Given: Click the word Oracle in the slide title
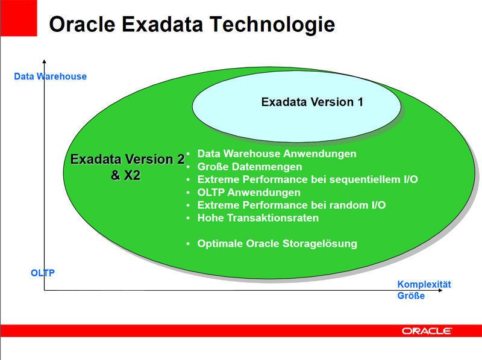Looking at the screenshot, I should [82, 24].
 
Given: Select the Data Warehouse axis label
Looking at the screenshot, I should [50, 76].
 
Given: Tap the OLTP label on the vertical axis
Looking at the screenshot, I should [43, 273].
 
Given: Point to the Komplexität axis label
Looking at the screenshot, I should [424, 285].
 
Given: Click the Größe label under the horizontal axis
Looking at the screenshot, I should [411, 296].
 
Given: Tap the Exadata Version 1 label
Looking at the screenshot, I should [312, 102].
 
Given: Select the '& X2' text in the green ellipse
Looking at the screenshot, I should [126, 176].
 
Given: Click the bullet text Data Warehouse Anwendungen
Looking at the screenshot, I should [277, 154].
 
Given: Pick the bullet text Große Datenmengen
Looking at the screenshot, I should [249, 167].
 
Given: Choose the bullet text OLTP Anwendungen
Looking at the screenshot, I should [249, 193].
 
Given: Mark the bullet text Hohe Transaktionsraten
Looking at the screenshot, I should [258, 218].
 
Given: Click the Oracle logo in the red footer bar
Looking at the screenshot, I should [427, 331].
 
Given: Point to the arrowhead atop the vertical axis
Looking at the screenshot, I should [44, 60].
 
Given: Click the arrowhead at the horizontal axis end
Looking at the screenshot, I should [448, 291].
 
